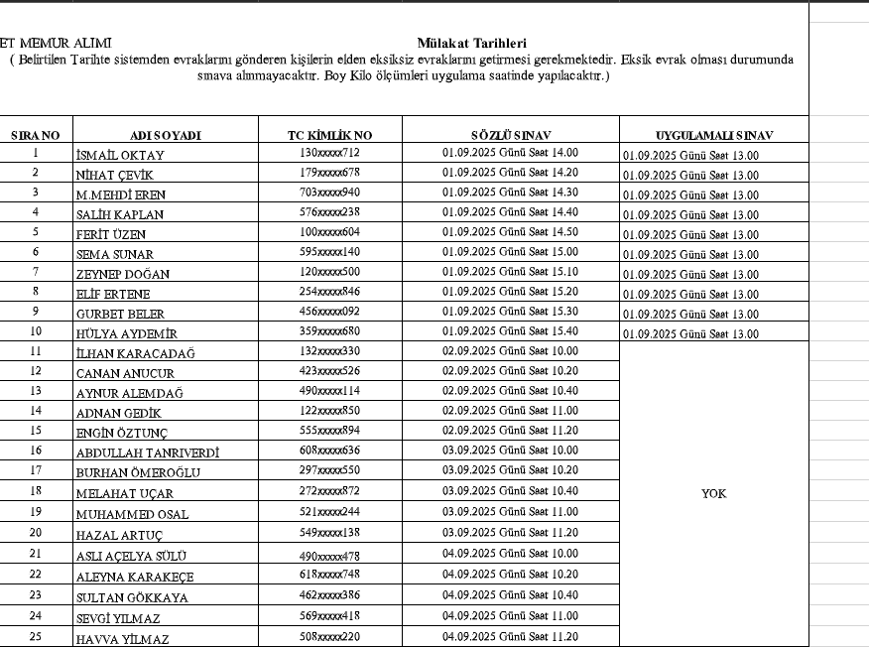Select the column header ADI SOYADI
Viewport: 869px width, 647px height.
click(x=166, y=135)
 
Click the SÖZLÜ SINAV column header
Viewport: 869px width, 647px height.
click(x=511, y=135)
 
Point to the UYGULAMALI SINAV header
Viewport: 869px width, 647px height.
click(x=714, y=135)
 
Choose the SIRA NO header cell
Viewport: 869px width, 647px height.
click(x=36, y=135)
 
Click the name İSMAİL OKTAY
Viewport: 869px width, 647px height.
click(x=120, y=155)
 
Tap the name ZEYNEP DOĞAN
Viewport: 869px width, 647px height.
click(x=123, y=274)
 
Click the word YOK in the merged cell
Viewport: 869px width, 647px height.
click(x=713, y=493)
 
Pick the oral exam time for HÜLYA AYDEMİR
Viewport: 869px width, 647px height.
click(x=510, y=331)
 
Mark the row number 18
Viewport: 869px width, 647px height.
click(x=36, y=490)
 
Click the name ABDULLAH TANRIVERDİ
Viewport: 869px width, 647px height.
click(x=148, y=453)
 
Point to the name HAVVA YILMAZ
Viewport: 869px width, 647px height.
click(x=123, y=639)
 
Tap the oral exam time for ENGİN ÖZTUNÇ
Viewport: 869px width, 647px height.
click(x=510, y=431)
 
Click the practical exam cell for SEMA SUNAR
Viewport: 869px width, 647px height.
click(x=690, y=255)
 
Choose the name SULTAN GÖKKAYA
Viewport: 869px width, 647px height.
click(x=132, y=597)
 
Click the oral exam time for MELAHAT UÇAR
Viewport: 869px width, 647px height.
click(x=510, y=490)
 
